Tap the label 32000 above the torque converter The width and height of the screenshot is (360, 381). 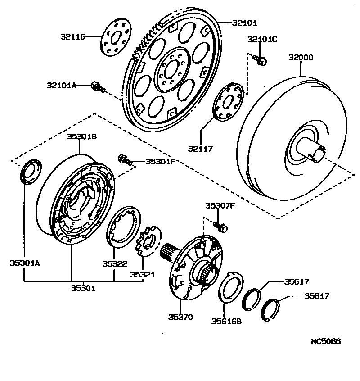pyautogui.click(x=301, y=58)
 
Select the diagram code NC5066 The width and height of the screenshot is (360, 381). pyautogui.click(x=326, y=341)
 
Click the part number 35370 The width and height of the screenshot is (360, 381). pyautogui.click(x=180, y=317)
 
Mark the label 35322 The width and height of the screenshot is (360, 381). pyautogui.click(x=114, y=264)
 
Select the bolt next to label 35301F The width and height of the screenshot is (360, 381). pyautogui.click(x=125, y=159)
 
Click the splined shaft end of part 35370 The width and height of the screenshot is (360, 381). pyautogui.click(x=170, y=252)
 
